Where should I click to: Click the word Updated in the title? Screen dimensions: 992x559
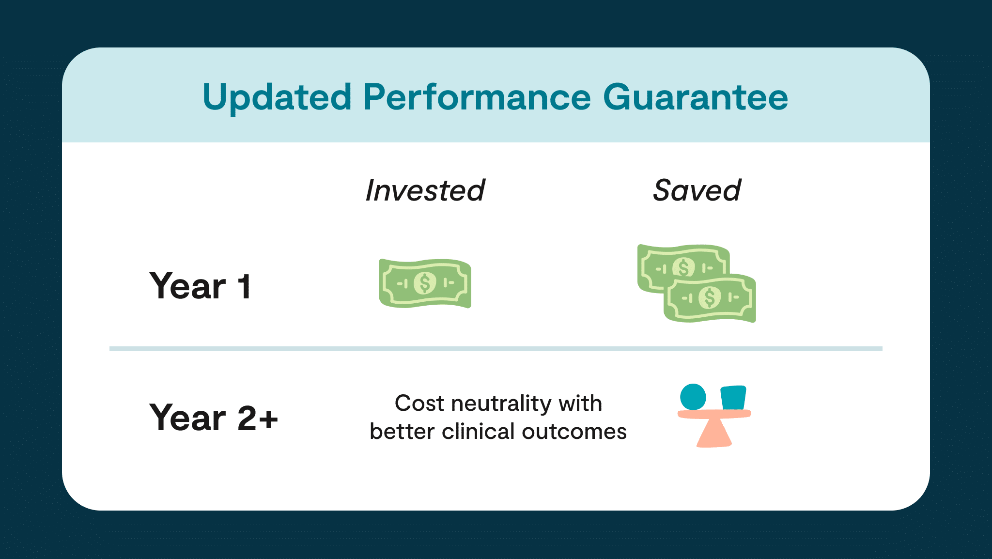click(x=277, y=98)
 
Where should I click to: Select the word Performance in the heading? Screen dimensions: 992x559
click(x=477, y=97)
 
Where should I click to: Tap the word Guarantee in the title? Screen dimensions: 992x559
click(x=696, y=97)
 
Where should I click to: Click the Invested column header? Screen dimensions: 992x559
click(x=425, y=190)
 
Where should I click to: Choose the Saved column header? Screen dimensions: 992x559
click(x=697, y=190)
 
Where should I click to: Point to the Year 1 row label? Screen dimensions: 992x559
click(x=200, y=286)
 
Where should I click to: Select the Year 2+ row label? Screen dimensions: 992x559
click(x=214, y=418)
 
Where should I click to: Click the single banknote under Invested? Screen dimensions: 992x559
click(x=425, y=283)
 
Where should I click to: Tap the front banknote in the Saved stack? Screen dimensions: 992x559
click(x=710, y=298)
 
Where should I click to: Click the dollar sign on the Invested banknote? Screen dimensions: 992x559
click(x=425, y=283)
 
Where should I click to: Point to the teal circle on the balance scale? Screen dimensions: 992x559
click(x=693, y=397)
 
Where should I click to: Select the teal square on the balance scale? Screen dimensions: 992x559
click(x=733, y=398)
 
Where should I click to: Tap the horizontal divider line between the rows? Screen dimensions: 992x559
click(x=496, y=349)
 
